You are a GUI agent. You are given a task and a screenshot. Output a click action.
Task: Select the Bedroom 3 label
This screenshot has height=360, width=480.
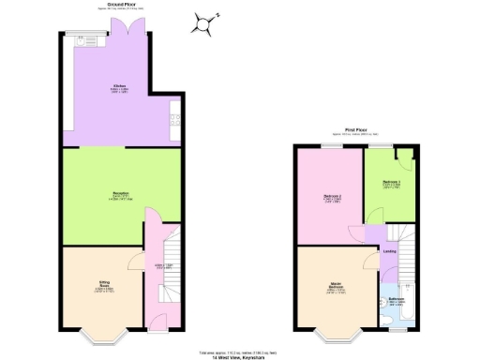pos(392,182)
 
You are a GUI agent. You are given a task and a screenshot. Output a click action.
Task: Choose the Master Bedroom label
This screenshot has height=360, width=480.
pos(333,287)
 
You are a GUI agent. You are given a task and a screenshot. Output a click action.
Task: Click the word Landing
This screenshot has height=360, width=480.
pos(389,252)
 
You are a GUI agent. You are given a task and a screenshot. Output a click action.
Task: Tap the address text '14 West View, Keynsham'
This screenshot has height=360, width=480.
pos(238,356)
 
